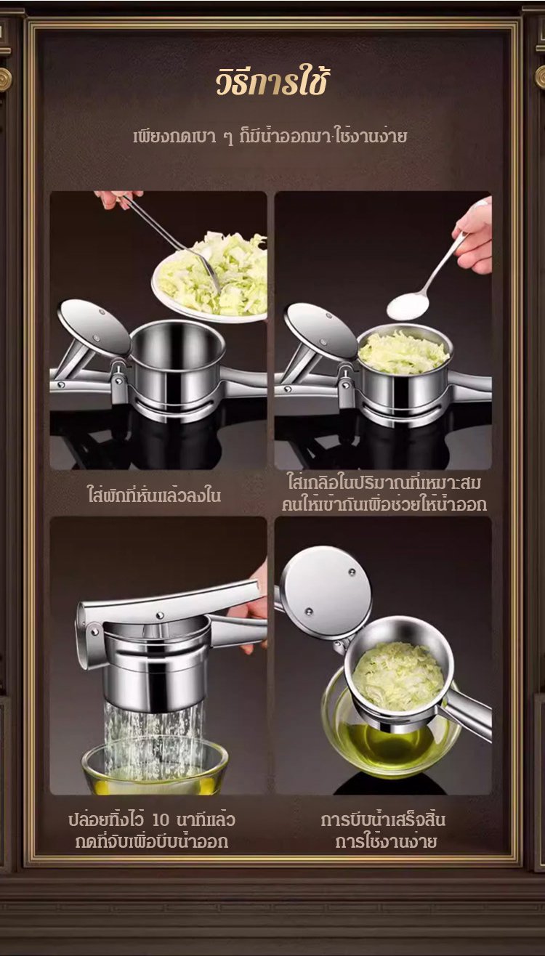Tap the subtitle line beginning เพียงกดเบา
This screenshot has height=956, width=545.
point(270,137)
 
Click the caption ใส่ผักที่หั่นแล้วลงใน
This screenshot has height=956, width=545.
point(154,495)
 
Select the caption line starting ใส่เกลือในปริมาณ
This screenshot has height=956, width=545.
point(384,482)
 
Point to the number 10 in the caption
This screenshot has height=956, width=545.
point(161,819)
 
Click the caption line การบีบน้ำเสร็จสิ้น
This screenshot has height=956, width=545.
point(383,819)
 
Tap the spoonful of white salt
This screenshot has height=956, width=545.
point(407,306)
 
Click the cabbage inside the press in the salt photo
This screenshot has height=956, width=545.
point(403,352)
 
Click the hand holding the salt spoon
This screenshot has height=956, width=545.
point(475,238)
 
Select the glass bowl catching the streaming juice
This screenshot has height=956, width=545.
point(155,769)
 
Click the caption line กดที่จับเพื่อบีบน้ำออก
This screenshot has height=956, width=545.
point(152,841)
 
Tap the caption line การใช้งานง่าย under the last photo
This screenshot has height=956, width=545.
point(385,841)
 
